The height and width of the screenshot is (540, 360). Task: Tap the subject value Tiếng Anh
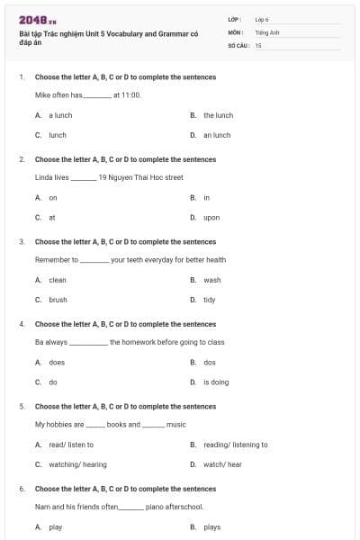click(x=265, y=31)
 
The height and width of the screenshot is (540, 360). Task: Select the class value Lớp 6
click(x=262, y=19)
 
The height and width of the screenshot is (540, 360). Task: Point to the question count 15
click(x=258, y=44)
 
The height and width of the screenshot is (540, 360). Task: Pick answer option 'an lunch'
click(x=217, y=135)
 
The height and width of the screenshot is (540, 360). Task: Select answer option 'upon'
click(x=211, y=217)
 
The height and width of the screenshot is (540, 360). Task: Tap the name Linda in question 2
click(x=44, y=177)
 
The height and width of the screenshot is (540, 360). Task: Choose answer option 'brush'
click(x=58, y=300)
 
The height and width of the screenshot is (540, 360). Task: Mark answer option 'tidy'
click(x=210, y=300)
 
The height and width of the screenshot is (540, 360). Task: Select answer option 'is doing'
click(x=216, y=382)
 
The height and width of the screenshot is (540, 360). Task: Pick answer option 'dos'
click(x=210, y=362)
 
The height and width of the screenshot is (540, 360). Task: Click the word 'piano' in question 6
click(x=155, y=507)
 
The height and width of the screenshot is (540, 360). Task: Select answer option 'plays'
click(x=212, y=527)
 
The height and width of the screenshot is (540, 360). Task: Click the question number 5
click(x=22, y=406)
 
